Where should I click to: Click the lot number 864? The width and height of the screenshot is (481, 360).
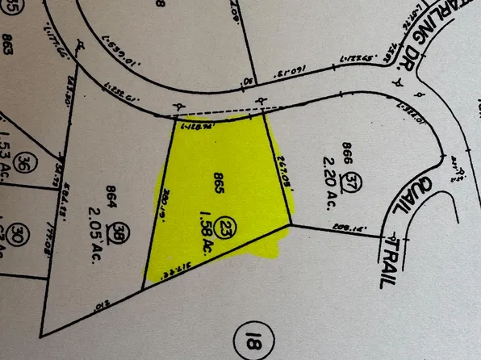(x=112, y=194)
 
